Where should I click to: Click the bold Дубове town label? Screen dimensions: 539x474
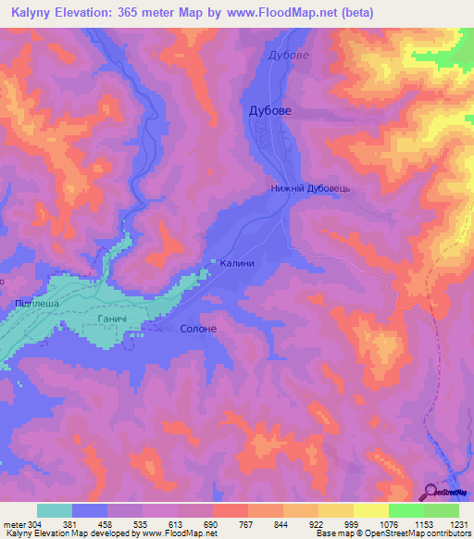pyautogui.click(x=271, y=110)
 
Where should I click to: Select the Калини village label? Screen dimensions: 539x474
pyautogui.click(x=237, y=263)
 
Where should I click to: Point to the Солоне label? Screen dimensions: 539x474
pyautogui.click(x=197, y=329)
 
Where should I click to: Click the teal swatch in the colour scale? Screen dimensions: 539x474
pyautogui.click(x=55, y=510)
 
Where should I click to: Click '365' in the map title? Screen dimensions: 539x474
pyautogui.click(x=131, y=12)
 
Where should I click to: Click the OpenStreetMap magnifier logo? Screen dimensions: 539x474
pyautogui.click(x=431, y=491)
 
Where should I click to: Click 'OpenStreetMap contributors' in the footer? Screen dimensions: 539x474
pyautogui.click(x=421, y=533)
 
